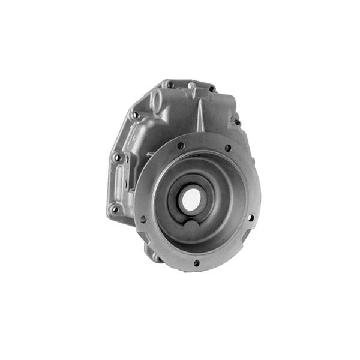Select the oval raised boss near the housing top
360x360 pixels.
click(157, 103)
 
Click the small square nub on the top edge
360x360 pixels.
click(190, 85)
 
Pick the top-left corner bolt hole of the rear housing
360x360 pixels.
click(170, 85)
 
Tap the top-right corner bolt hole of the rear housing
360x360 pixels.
click(212, 89)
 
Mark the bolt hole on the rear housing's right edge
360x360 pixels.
click(238, 122)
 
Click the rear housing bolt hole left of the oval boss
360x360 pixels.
click(136, 115)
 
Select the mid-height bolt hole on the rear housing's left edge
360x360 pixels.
click(118, 157)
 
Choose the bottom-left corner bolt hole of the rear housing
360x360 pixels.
click(114, 209)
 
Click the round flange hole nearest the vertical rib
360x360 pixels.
click(181, 145)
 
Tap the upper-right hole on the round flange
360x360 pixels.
click(227, 148)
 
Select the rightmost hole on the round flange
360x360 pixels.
click(250, 218)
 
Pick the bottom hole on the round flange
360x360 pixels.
click(196, 263)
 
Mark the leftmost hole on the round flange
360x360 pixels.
click(143, 219)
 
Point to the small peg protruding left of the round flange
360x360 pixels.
click(148, 155)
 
